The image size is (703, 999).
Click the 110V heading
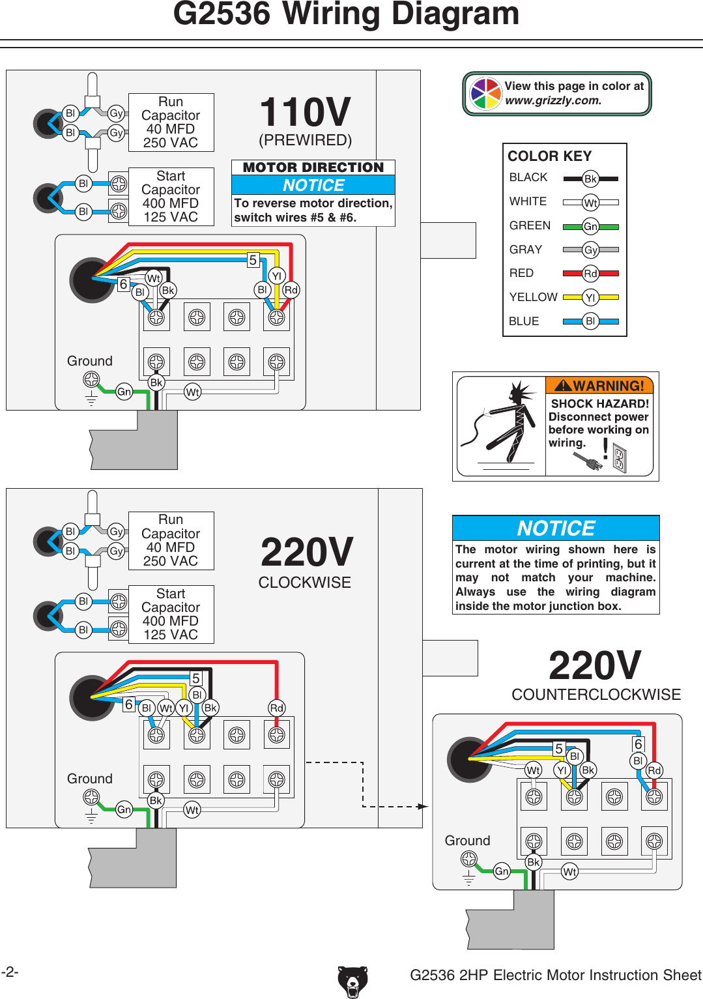coord(305,112)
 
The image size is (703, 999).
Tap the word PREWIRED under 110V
coord(305,140)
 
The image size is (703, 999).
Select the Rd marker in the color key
coord(590,274)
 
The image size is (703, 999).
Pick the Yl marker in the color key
coord(590,297)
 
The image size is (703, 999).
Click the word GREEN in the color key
coord(530,225)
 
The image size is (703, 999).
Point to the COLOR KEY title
coord(549,156)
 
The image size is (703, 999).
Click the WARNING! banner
coord(599,386)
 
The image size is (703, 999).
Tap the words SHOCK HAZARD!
coord(599,403)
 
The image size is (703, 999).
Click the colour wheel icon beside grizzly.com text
coord(485,94)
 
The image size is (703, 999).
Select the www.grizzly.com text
coord(553,101)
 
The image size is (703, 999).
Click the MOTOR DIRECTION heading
coord(313,167)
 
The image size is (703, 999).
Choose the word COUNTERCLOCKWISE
coord(595,695)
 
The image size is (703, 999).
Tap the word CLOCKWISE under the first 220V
coord(304,583)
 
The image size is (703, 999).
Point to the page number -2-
coord(10,972)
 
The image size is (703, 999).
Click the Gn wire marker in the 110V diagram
coord(124,392)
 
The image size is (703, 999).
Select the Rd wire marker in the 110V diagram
coord(291,290)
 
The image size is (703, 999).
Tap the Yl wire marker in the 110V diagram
coord(276,276)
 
